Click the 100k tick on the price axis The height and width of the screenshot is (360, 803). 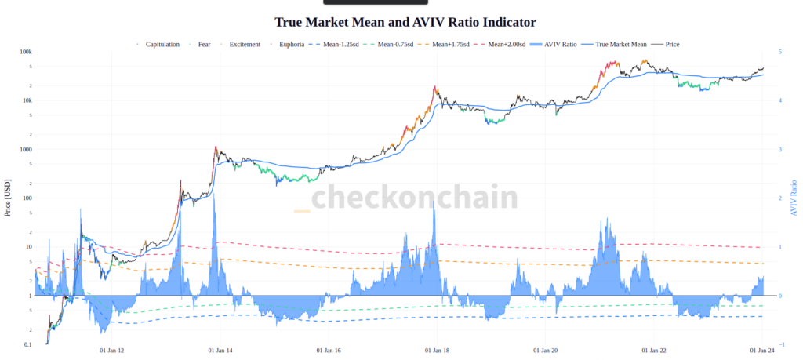coord(26,52)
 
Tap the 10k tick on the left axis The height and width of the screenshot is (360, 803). coord(27,100)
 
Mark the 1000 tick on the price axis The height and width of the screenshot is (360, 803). coord(26,149)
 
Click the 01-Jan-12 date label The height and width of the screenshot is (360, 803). coord(111,351)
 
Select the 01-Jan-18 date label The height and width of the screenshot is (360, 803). coord(437,351)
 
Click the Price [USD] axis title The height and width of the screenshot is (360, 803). coord(7,198)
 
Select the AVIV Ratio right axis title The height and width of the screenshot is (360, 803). coord(793,198)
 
